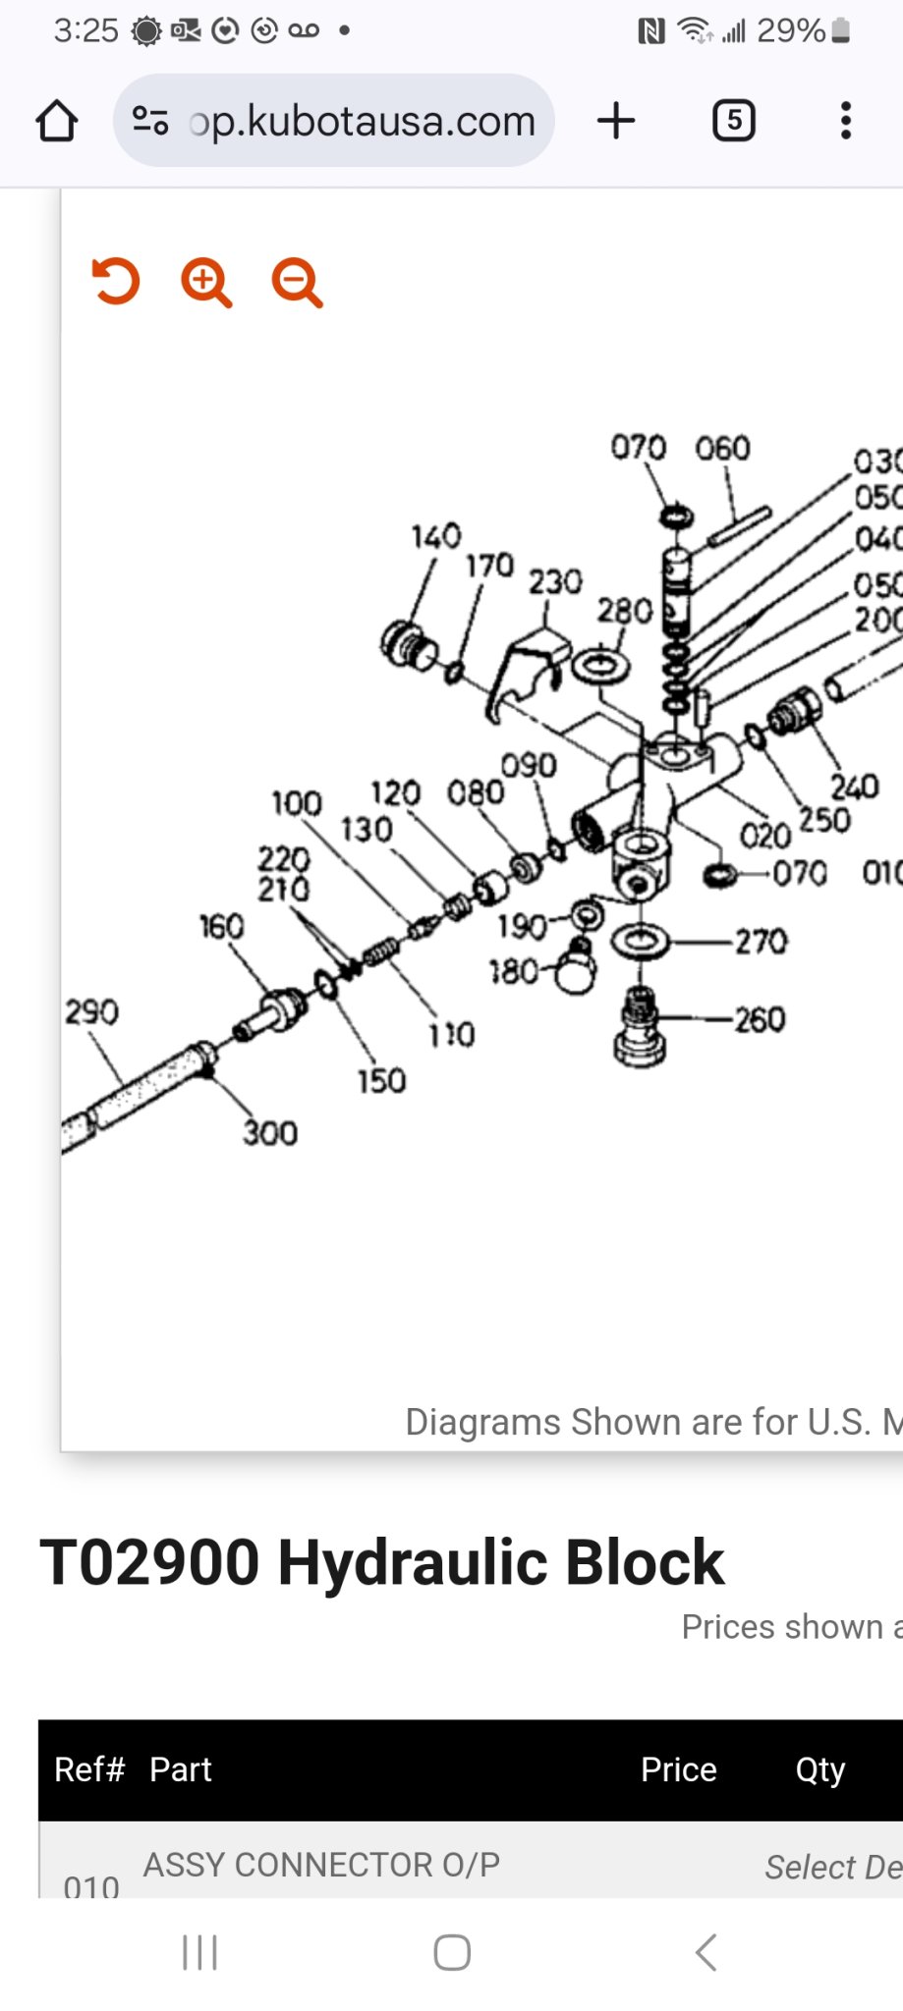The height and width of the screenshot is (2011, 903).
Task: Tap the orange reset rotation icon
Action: click(116, 282)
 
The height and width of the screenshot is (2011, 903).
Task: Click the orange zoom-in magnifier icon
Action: click(205, 283)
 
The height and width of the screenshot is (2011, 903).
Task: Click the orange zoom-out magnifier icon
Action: click(297, 283)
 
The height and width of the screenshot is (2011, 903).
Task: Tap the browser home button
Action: click(56, 122)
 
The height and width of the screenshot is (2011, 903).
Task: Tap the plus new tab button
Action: click(616, 121)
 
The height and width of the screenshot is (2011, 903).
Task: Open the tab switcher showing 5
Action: click(733, 121)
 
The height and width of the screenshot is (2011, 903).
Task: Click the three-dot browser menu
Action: click(845, 121)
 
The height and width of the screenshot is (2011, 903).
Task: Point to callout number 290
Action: click(91, 1011)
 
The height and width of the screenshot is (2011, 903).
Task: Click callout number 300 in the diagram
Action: click(270, 1133)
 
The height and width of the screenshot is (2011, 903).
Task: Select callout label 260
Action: click(760, 1019)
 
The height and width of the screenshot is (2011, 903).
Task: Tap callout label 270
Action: click(761, 942)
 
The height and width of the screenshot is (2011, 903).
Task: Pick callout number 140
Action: click(435, 536)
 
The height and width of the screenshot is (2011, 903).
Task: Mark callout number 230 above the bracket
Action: click(555, 581)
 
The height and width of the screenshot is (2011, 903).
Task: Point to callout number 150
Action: click(381, 1081)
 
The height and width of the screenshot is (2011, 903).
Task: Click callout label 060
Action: click(722, 449)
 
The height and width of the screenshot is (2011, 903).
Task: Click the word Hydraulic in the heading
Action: click(413, 1562)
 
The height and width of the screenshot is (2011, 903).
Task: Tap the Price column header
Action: click(678, 1769)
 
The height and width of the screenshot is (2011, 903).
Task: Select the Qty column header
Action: click(819, 1769)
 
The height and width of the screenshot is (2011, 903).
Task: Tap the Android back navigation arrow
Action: click(705, 1952)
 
